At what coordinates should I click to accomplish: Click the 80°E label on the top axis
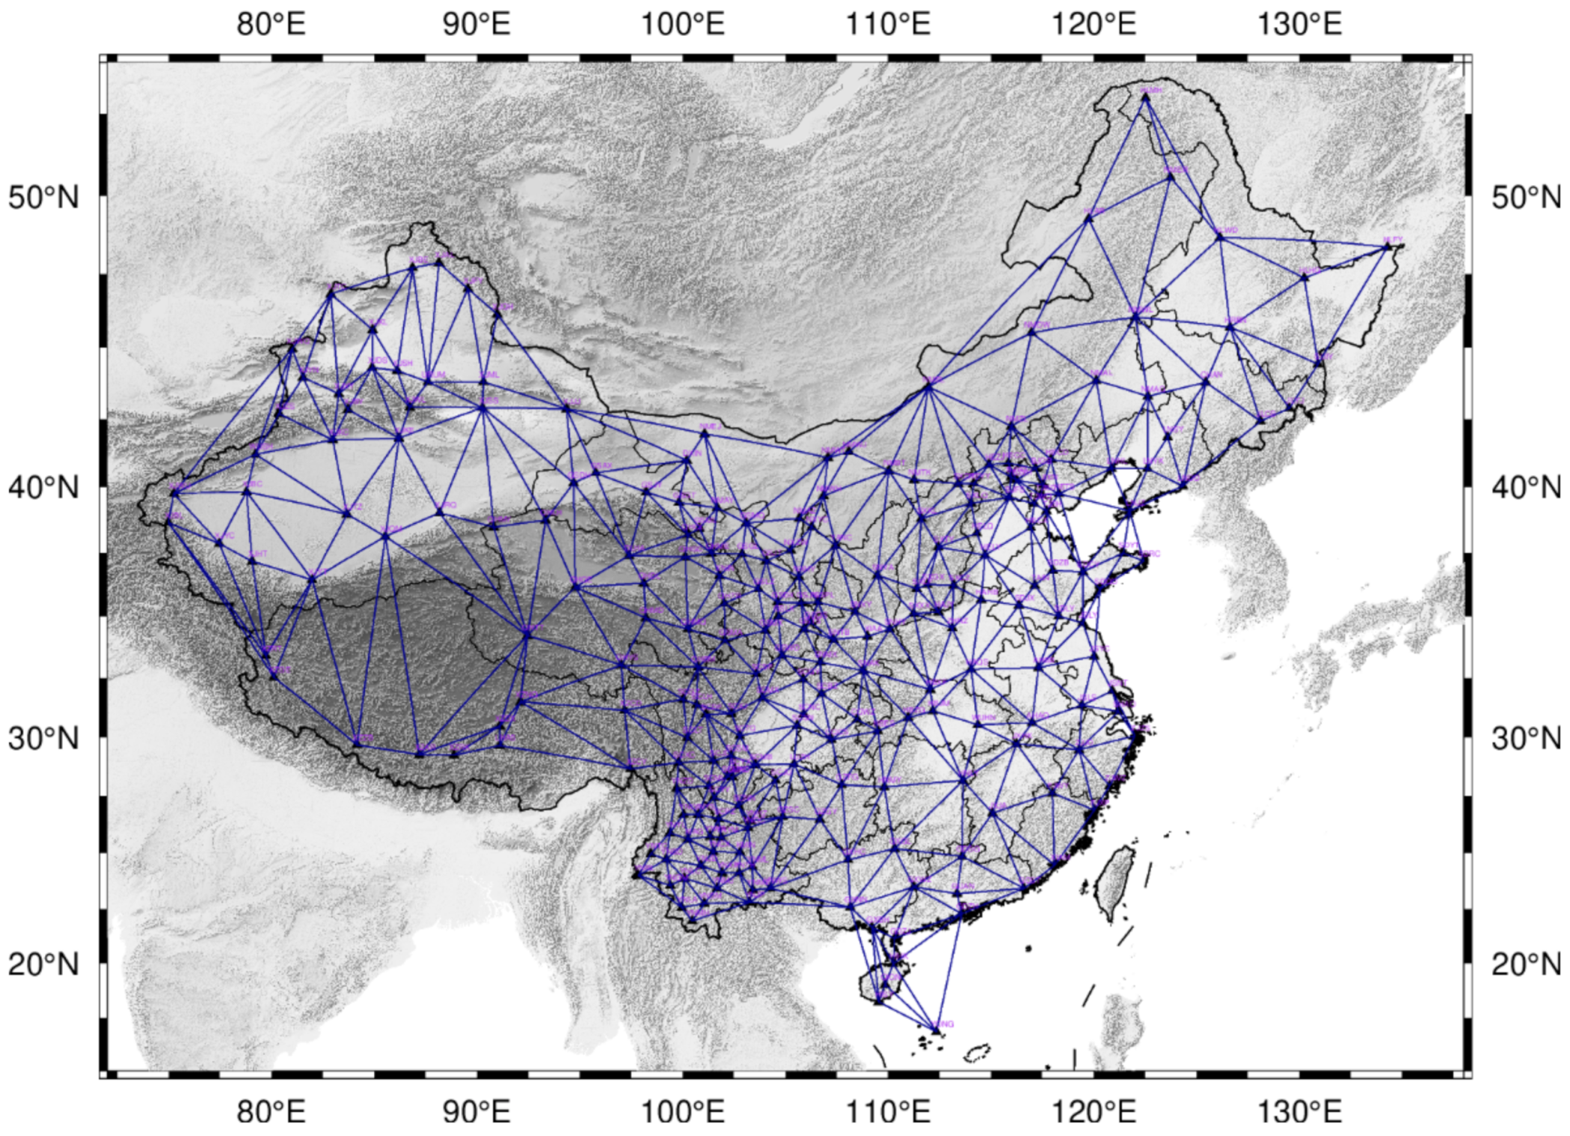[271, 25]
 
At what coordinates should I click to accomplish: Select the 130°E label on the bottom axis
[1300, 1113]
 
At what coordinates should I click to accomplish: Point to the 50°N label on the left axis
[43, 198]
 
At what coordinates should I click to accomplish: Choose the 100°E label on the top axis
[682, 25]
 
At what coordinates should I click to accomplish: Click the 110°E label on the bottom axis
[888, 1113]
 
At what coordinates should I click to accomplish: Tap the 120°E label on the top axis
[1094, 25]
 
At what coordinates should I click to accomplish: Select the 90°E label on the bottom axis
[476, 1113]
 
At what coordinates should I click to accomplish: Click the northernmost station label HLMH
[1152, 91]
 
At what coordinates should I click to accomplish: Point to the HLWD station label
[1228, 230]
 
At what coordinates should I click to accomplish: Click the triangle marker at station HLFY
[1387, 245]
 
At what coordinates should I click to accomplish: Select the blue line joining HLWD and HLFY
[1305, 241]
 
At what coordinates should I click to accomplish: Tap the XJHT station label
[259, 554]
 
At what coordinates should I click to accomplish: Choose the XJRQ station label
[449, 505]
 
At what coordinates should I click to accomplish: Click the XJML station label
[490, 375]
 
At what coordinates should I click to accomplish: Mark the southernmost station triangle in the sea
[936, 1030]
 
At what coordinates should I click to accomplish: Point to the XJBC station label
[255, 484]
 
